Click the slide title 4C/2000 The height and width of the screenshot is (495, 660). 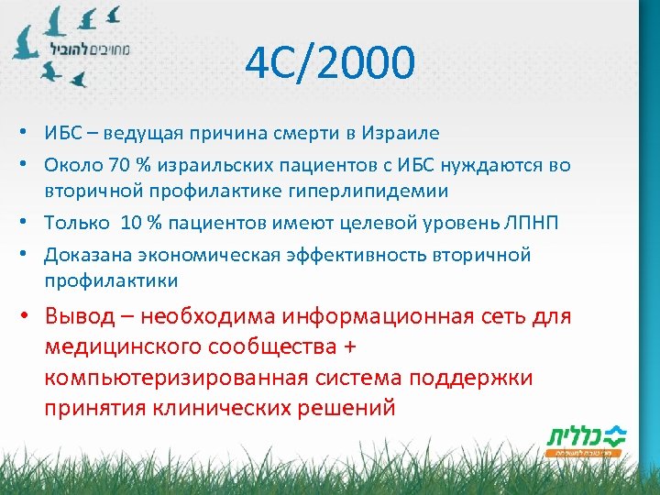pos(330,64)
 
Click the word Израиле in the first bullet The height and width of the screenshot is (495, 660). pos(399,133)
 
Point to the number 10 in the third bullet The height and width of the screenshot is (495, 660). pos(133,223)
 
